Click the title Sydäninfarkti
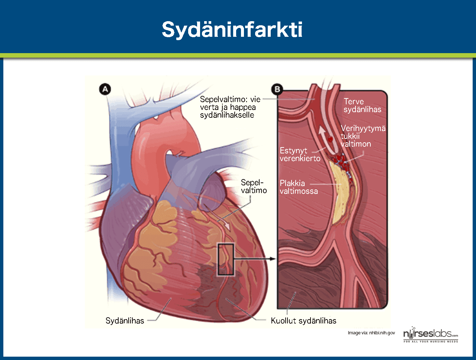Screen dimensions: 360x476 point(232,30)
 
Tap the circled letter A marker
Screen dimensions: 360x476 point(106,89)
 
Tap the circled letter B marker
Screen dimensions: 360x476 point(277,89)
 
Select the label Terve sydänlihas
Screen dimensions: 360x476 point(362,106)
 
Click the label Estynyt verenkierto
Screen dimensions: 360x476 point(300,155)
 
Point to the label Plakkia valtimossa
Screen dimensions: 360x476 point(299,187)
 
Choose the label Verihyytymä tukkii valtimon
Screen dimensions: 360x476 point(363,136)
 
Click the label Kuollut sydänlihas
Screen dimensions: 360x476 point(303,321)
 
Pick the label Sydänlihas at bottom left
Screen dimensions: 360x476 point(125,321)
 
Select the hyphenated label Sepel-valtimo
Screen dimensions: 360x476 point(254,187)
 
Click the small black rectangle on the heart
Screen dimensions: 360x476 point(226,259)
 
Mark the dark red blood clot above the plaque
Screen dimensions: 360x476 point(337,160)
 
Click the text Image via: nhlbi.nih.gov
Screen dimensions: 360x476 point(371,333)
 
